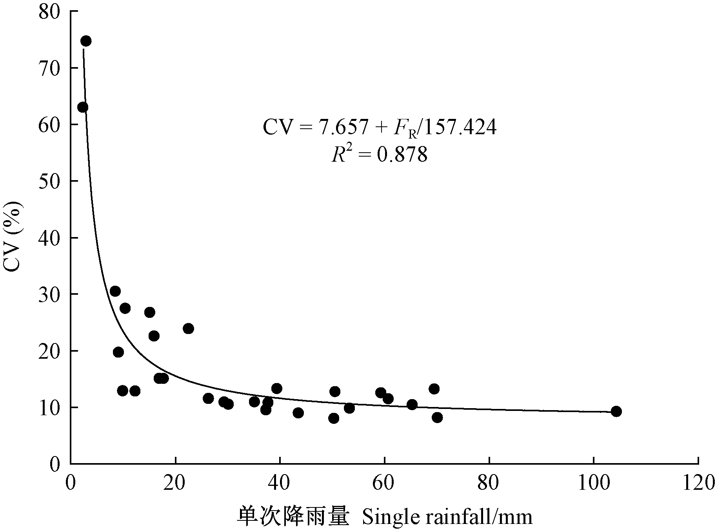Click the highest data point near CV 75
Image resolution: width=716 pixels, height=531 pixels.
(x=86, y=41)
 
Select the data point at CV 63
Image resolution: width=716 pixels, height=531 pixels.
(x=83, y=107)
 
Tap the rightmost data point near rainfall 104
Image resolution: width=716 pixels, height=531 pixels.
(x=616, y=411)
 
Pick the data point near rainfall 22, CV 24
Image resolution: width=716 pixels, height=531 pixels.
(x=188, y=328)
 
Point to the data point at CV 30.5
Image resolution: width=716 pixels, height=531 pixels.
(x=115, y=291)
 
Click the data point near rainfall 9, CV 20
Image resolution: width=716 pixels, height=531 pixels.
(x=118, y=352)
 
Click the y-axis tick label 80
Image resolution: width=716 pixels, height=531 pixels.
(x=49, y=12)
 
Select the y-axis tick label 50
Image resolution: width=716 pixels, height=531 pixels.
(x=49, y=181)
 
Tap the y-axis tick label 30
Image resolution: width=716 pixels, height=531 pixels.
(x=49, y=294)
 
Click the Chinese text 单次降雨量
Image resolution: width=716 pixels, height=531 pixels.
(x=293, y=517)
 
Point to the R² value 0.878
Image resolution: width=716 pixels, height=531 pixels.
(x=402, y=155)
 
